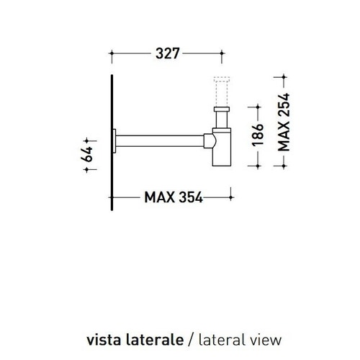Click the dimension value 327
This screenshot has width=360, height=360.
pos(166,53)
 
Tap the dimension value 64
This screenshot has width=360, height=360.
pos(87,154)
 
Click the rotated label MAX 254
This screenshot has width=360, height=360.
pos(284,120)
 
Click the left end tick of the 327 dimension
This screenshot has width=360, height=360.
pos(112,53)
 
